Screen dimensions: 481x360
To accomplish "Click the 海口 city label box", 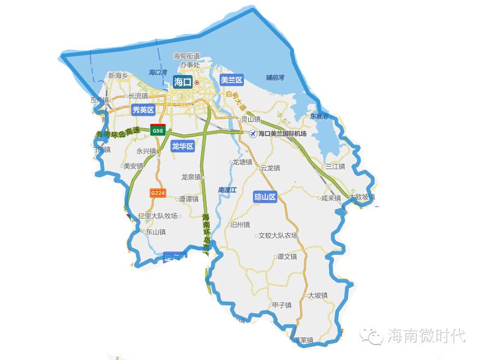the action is [x=183, y=82].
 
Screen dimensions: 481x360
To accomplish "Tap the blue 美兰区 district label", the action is [x=231, y=80].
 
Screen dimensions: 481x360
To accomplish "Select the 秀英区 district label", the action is [x=144, y=110].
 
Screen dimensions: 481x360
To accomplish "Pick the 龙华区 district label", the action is [x=183, y=146].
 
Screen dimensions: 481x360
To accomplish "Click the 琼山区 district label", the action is [x=265, y=197].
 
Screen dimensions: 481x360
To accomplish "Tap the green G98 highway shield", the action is [x=157, y=131].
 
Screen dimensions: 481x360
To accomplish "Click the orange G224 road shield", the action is [x=157, y=193].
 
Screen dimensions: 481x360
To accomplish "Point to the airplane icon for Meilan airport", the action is [x=252, y=134].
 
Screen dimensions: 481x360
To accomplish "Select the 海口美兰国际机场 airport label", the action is [x=283, y=134].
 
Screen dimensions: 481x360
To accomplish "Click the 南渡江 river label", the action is [x=227, y=190].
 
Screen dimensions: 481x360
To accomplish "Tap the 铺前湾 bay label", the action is [x=275, y=78].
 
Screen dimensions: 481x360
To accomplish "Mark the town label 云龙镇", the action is [x=270, y=168].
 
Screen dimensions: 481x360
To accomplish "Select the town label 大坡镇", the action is [x=318, y=296].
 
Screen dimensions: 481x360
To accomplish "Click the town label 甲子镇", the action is [x=281, y=305].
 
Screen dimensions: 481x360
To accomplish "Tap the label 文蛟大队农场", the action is [x=278, y=235].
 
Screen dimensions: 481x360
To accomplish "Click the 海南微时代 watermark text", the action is [x=426, y=335].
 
